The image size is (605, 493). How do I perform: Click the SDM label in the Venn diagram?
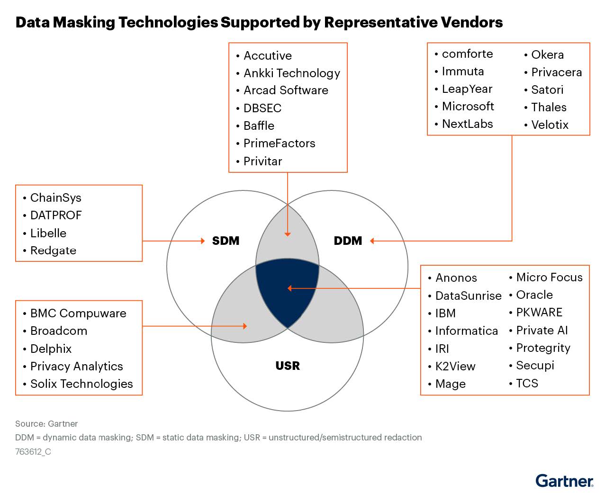(x=226, y=241)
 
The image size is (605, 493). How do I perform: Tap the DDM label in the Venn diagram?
(x=348, y=241)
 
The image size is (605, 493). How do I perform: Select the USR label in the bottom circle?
(x=288, y=366)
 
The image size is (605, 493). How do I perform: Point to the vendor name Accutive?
(x=268, y=55)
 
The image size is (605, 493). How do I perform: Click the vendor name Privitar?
(x=262, y=161)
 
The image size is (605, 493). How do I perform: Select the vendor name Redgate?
(x=53, y=251)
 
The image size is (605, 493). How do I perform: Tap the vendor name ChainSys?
(x=55, y=197)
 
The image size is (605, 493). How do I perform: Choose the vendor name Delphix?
(x=51, y=349)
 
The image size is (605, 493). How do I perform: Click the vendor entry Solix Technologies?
(x=81, y=384)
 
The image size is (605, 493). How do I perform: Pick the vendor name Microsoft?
(x=468, y=106)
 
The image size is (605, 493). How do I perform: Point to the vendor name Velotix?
(x=550, y=125)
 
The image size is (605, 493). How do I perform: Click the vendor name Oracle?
(x=534, y=295)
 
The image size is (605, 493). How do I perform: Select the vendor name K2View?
(x=455, y=366)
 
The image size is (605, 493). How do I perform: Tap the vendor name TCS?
(x=527, y=383)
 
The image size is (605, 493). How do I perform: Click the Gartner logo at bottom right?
(x=564, y=481)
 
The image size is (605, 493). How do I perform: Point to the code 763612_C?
(x=33, y=451)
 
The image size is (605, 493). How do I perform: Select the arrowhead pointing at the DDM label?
(x=372, y=241)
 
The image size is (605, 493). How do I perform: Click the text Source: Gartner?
(x=46, y=424)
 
